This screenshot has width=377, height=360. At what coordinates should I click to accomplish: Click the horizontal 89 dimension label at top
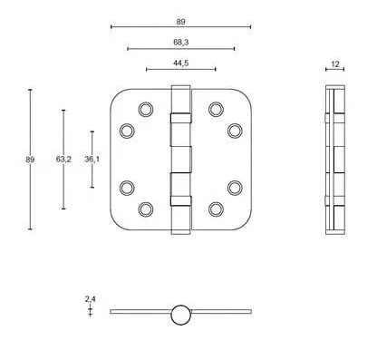tap(180, 22)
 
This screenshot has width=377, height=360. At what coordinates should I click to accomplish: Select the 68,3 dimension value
tap(181, 43)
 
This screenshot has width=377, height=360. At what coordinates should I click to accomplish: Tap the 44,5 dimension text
tap(181, 63)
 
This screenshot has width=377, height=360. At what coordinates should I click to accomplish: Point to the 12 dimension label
tap(335, 64)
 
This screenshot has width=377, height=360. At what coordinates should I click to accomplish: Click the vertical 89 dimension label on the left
tap(30, 160)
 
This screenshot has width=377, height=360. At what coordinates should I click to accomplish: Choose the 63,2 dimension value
tap(63, 159)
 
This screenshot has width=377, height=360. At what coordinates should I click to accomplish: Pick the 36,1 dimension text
tap(92, 159)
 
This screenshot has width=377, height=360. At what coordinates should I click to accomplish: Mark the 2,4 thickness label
tap(90, 299)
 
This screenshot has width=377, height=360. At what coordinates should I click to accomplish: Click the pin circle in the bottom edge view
tap(180, 315)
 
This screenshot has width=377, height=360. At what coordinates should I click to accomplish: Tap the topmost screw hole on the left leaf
tap(146, 109)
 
